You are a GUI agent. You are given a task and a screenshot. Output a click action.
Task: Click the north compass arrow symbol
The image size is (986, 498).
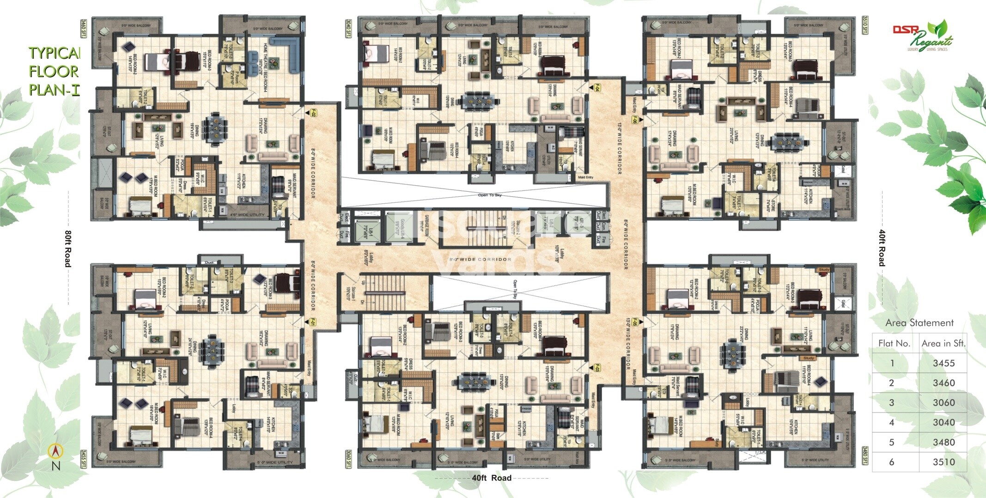pos(55,450)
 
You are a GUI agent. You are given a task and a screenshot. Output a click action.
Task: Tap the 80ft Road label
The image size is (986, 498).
pos(68,248)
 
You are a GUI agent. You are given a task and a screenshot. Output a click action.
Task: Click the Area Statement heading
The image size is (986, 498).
pos(919,323)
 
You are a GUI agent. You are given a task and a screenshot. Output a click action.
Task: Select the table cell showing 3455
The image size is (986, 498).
pos(943,363)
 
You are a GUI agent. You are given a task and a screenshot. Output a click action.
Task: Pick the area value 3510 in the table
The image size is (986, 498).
pos(943,462)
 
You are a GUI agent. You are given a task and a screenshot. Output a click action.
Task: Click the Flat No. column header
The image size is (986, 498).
pos(894,343)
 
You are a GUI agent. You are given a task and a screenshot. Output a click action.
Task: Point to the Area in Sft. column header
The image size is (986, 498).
pos(943,343)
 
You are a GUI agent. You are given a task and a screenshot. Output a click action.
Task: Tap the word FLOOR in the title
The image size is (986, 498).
pos(54,72)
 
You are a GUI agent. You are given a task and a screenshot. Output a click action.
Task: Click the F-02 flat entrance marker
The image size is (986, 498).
pos(307,112)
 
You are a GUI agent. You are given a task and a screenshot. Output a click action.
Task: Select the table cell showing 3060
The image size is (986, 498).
pos(943,403)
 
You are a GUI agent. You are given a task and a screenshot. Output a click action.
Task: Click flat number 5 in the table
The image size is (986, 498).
pos(891,443)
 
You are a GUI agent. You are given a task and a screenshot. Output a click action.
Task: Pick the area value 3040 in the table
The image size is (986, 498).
pos(943,423)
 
